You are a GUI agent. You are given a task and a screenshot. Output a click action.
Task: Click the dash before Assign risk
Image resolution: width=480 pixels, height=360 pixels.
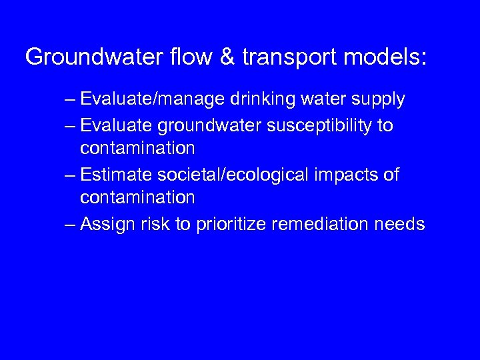[70, 224]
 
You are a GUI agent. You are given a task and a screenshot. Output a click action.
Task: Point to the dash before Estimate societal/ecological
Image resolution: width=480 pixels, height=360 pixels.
[70, 175]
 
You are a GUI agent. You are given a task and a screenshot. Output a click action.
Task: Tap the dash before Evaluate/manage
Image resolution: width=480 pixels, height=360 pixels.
[70, 99]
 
